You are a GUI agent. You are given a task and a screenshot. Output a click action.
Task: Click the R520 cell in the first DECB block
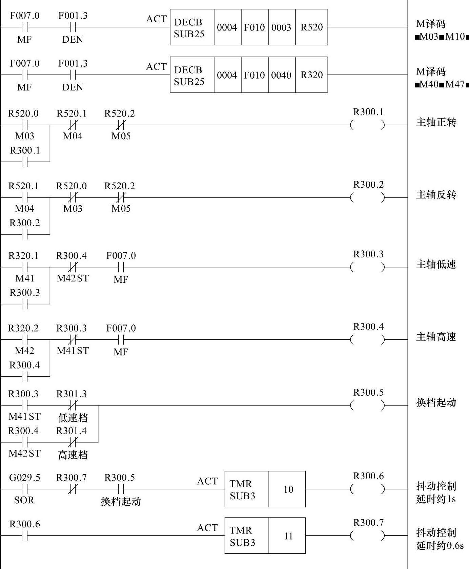[311, 27]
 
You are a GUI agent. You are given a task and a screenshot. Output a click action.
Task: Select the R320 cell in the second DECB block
[311, 75]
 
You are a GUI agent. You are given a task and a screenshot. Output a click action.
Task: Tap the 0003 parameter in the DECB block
[281, 27]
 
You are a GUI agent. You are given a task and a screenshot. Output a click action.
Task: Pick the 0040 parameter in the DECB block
[281, 75]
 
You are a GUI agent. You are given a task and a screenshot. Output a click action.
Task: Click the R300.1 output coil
[368, 125]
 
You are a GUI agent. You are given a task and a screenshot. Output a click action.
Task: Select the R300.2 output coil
[368, 197]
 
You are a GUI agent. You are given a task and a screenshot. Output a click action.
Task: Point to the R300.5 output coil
[368, 405]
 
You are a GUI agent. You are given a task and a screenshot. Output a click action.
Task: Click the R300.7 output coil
[368, 536]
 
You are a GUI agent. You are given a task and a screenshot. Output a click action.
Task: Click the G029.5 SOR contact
[24, 489]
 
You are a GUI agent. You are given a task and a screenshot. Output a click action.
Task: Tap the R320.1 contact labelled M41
[24, 267]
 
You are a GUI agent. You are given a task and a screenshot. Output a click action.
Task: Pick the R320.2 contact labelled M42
[24, 340]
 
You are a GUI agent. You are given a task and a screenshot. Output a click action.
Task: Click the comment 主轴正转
[436, 122]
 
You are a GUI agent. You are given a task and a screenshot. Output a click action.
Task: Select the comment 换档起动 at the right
[436, 403]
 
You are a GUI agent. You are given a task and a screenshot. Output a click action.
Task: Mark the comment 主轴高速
[436, 337]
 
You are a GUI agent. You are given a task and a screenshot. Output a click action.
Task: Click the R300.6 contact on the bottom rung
[24, 536]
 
